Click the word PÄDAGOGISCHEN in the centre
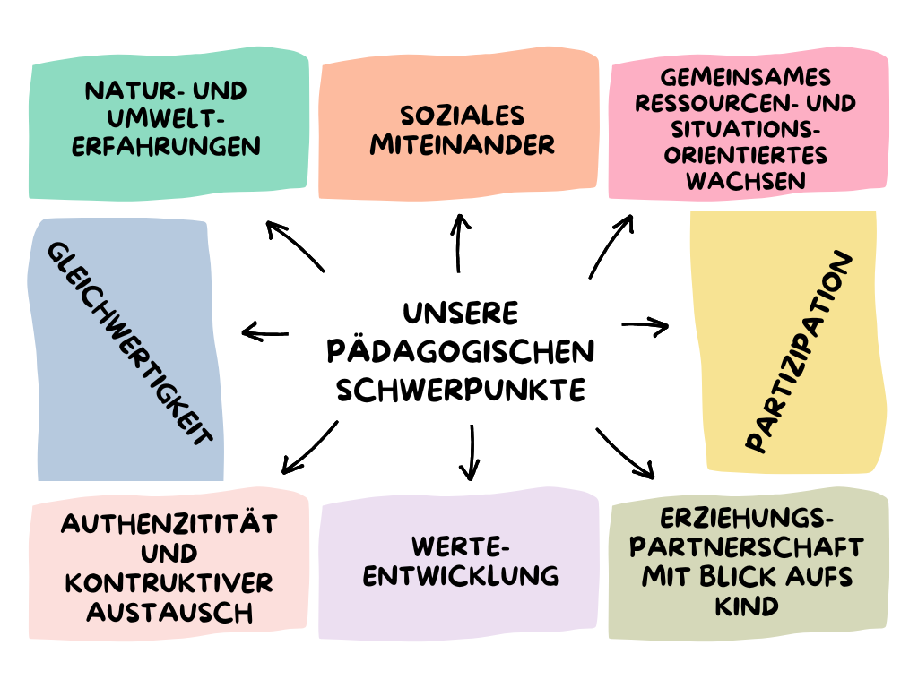tap(460, 351)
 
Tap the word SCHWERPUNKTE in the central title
tap(460, 390)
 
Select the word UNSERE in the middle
tap(460, 313)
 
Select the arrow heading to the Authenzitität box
tap(309, 448)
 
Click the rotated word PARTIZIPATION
tap(799, 352)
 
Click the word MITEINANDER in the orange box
tap(463, 144)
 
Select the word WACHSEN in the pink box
tap(745, 181)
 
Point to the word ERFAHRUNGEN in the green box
tap(166, 145)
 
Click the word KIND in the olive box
tap(747, 606)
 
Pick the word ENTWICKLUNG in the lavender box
tap(461, 574)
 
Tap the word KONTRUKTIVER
tap(169, 583)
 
